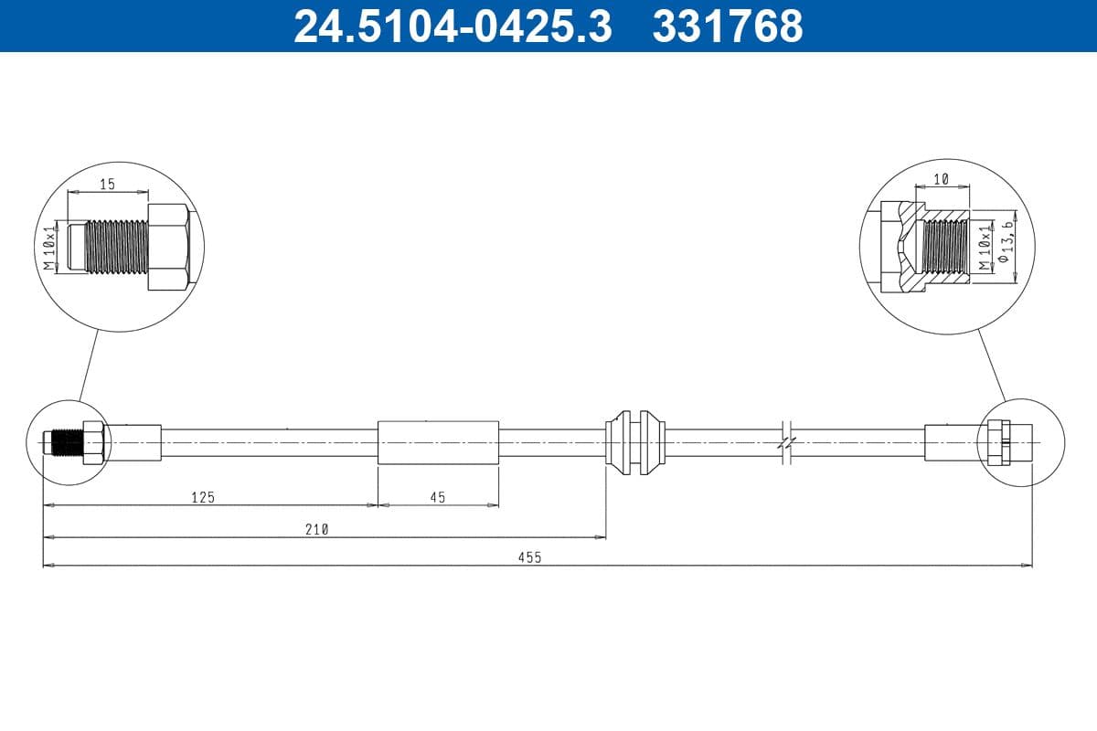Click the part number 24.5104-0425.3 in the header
453,26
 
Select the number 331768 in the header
727,26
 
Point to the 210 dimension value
316,528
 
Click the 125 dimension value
202,497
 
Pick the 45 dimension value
437,497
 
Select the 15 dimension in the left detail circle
107,184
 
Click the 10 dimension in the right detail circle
942,179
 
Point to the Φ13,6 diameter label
1006,242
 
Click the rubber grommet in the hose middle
634,442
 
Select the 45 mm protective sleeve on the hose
438,442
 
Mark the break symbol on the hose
786,442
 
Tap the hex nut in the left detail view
168,248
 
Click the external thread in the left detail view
115,247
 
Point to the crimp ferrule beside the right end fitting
951,442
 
